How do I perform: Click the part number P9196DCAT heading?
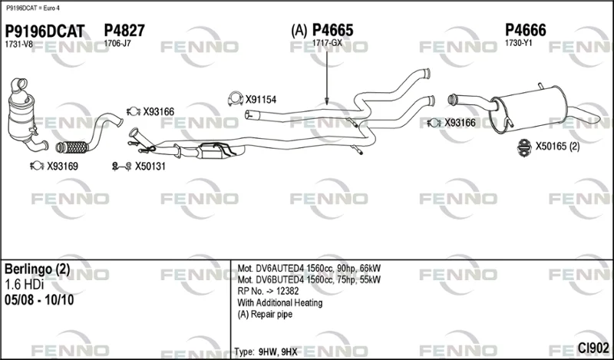(x=45, y=31)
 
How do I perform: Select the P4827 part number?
(x=124, y=31)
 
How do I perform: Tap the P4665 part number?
(x=332, y=30)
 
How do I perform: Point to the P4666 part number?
(x=526, y=30)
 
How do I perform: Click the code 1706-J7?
(x=117, y=44)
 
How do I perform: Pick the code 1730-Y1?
(x=519, y=43)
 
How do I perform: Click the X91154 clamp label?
(x=261, y=100)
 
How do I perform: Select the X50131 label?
(x=150, y=167)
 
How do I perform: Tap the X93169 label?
(x=63, y=167)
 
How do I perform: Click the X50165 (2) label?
(x=558, y=147)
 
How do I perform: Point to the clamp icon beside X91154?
(x=236, y=100)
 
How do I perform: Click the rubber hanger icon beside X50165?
(x=524, y=147)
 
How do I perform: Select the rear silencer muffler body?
(x=528, y=109)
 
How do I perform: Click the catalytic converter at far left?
(x=21, y=114)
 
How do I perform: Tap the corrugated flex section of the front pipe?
(x=72, y=147)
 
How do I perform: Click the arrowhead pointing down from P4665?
(x=327, y=102)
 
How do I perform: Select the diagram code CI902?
(x=593, y=348)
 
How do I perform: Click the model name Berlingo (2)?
(x=37, y=269)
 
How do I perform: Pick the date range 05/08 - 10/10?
(x=39, y=300)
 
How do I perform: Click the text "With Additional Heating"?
(x=280, y=302)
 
